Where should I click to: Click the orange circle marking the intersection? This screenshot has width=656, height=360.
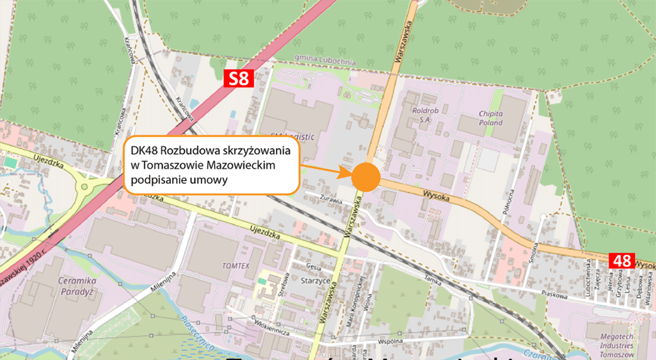[x=366, y=177]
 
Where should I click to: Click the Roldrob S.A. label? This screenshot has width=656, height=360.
[x=424, y=114]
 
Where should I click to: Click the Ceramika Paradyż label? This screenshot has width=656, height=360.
[x=77, y=285]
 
